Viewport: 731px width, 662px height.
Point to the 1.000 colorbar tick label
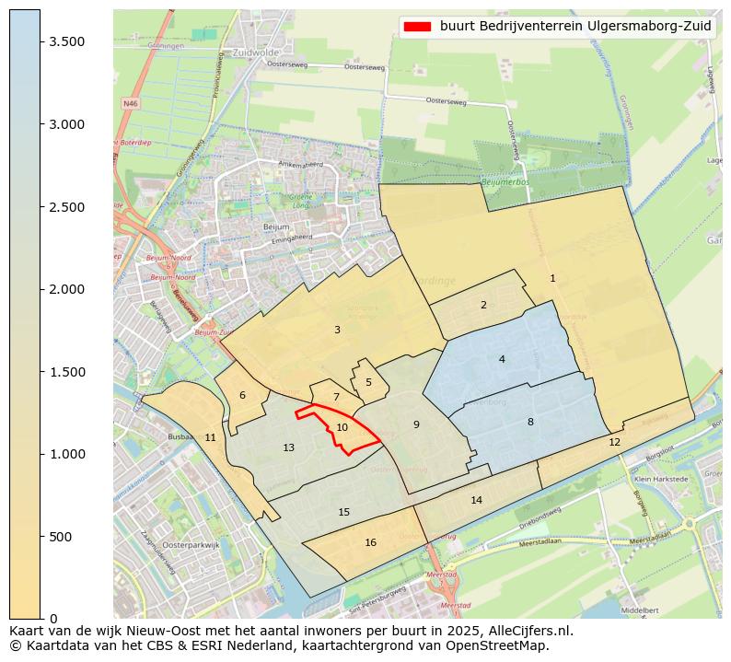[66, 454]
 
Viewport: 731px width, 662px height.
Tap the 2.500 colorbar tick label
[66, 207]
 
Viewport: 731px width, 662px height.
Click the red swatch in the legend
[417, 27]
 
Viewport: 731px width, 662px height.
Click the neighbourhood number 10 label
[342, 427]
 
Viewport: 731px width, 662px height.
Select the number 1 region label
[552, 278]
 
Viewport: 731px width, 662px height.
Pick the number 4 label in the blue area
[502, 359]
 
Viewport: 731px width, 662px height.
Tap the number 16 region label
[370, 542]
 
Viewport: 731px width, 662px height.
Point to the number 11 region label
[210, 437]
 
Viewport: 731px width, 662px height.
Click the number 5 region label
[368, 382]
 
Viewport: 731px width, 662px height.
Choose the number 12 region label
[614, 442]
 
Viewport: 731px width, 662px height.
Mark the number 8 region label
[530, 422]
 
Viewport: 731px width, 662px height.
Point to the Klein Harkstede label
[661, 480]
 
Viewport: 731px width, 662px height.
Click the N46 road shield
[130, 104]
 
